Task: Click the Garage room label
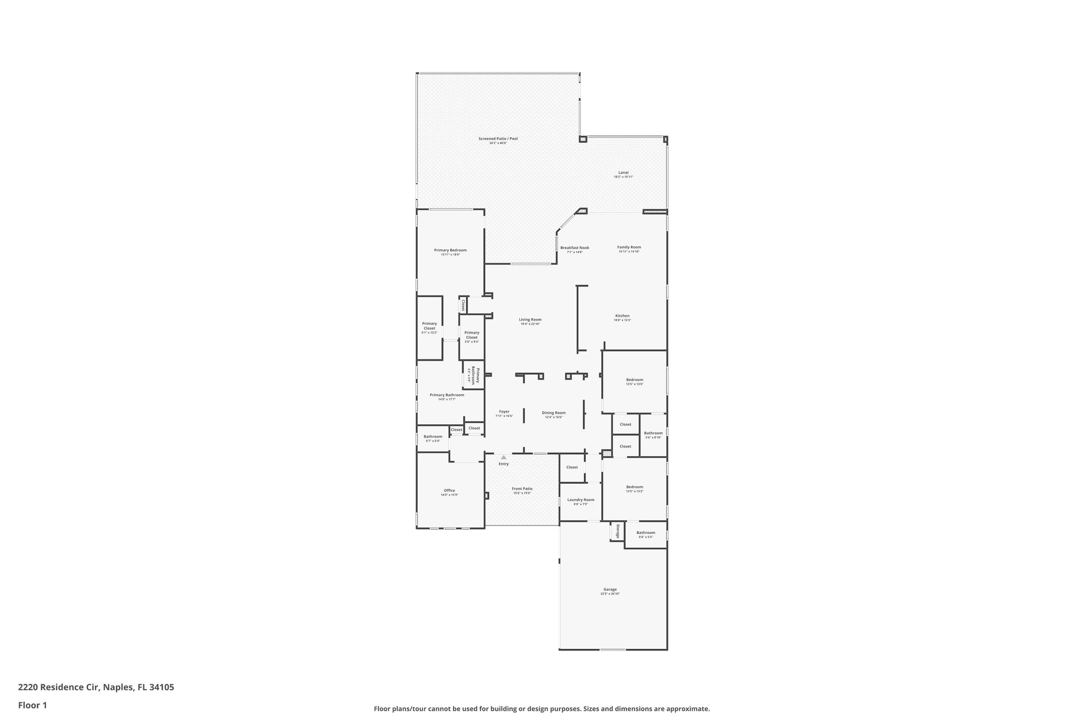[610, 589]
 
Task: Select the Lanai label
[624, 172]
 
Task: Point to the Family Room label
[629, 247]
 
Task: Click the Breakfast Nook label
[574, 247]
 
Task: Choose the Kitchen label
[622, 316]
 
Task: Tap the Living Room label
[530, 319]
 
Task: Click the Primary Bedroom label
[450, 250]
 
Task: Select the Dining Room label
[554, 413]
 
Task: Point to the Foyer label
[504, 412]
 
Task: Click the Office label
[449, 490]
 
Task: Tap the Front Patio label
[522, 488]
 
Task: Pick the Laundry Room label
[581, 499]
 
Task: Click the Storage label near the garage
[618, 532]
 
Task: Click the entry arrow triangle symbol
[503, 457]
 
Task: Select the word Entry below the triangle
[503, 464]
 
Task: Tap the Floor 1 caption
[33, 705]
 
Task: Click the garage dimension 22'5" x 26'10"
[610, 594]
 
